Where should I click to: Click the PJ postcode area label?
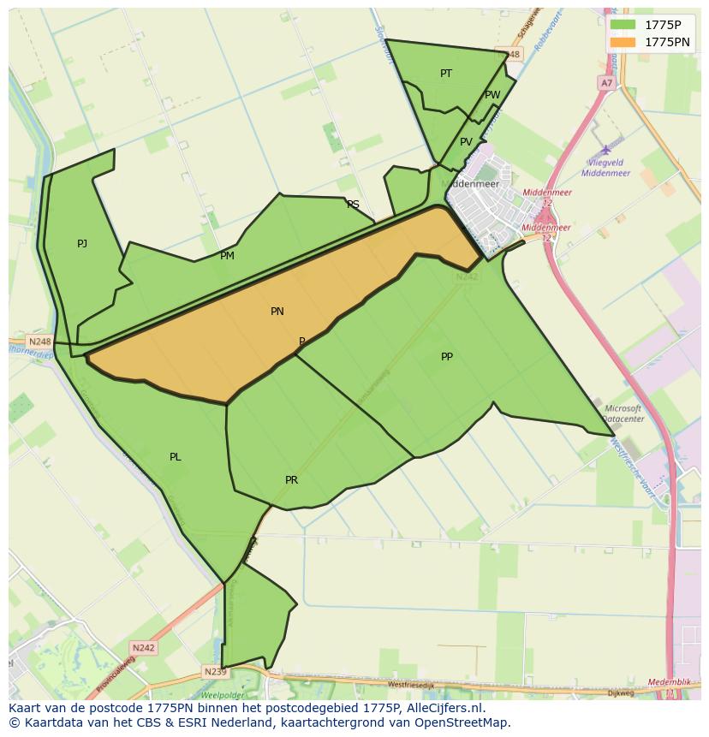tap(82, 244)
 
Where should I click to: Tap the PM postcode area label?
tap(227, 256)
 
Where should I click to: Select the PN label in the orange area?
tap(277, 312)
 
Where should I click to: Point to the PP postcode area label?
tap(447, 357)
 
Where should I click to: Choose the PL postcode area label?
tap(176, 457)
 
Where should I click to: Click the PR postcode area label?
tap(292, 480)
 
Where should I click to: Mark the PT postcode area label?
tap(446, 74)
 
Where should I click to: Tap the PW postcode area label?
tap(492, 95)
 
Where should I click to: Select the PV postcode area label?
tap(466, 142)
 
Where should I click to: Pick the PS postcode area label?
tap(353, 205)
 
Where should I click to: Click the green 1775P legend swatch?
tap(623, 25)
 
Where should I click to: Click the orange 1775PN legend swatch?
tap(623, 42)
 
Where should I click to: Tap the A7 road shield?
tap(606, 83)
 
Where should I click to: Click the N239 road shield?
tap(215, 672)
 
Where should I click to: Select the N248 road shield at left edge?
tap(40, 342)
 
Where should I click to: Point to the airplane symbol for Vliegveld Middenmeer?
tap(606, 151)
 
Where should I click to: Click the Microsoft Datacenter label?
tap(623, 414)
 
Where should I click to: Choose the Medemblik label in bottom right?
tap(669, 682)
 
